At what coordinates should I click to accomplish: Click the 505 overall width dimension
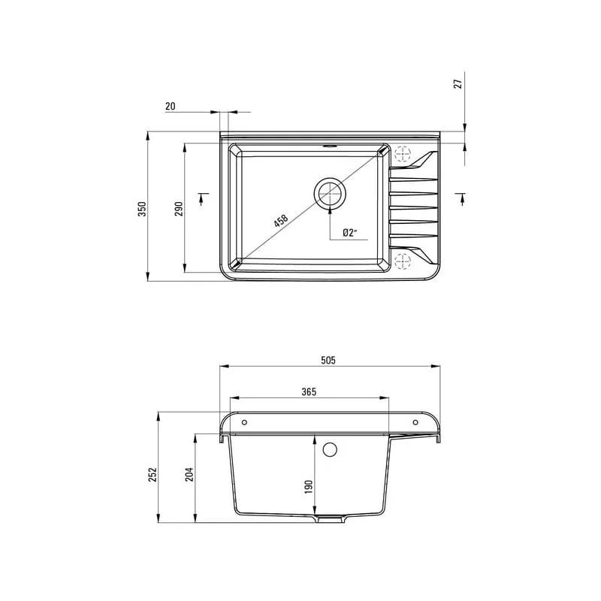tap(328, 360)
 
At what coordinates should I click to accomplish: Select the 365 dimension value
tap(308, 391)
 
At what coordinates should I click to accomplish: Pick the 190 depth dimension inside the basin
tap(308, 488)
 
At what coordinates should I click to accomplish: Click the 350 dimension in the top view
tap(141, 210)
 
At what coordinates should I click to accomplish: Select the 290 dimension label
tap(179, 210)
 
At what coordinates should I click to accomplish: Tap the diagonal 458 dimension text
tap(280, 222)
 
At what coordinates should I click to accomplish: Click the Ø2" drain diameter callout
tap(349, 234)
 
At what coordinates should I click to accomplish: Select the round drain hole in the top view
tap(329, 193)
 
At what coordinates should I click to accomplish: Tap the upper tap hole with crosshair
tap(403, 154)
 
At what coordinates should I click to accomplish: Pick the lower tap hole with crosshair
tap(403, 261)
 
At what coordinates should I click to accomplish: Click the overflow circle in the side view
tap(329, 450)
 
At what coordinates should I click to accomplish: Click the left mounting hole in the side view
tap(243, 421)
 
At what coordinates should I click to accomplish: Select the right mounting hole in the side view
tap(415, 421)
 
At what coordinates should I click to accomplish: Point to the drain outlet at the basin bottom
tap(329, 519)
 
